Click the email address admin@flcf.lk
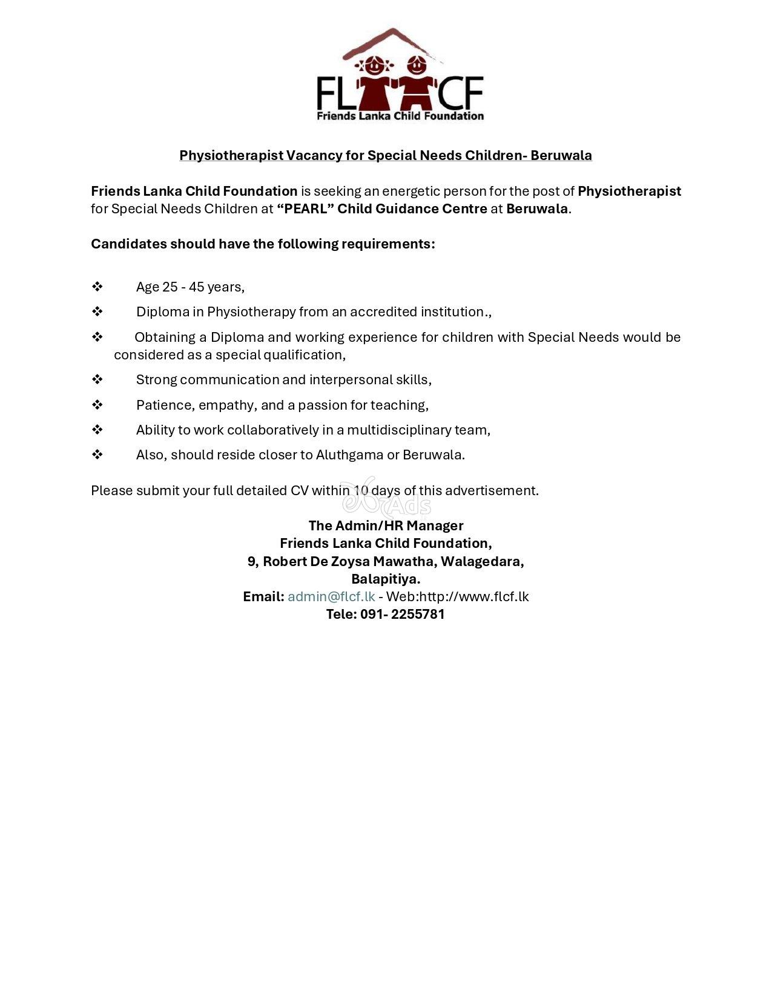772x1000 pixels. (331, 596)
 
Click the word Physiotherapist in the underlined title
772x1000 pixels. (231, 155)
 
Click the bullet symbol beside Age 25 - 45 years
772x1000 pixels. (97, 287)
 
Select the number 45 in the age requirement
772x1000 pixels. (196, 287)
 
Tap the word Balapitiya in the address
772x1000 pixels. (386, 579)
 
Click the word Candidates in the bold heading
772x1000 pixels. (128, 244)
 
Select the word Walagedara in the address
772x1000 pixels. (481, 561)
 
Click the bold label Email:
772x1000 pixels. (263, 596)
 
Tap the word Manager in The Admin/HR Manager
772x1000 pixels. (435, 525)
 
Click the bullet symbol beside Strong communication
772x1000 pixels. (97, 379)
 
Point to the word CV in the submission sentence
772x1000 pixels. (299, 490)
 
